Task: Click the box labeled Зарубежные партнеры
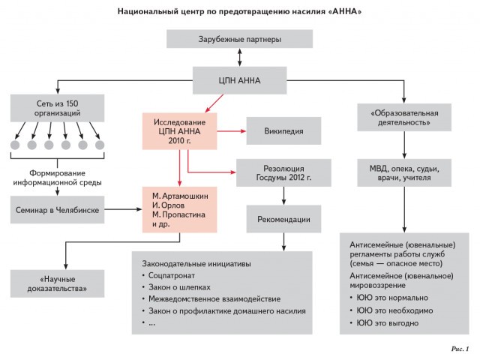240,39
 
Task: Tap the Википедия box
284,130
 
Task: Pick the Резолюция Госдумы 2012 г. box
283,172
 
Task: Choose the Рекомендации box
283,218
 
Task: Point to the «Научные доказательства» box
58,283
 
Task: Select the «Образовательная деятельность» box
403,118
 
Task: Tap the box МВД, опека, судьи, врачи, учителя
403,175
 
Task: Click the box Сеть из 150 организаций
58,107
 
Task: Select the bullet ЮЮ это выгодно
388,323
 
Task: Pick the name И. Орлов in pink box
169,204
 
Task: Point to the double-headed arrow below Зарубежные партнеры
239,58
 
